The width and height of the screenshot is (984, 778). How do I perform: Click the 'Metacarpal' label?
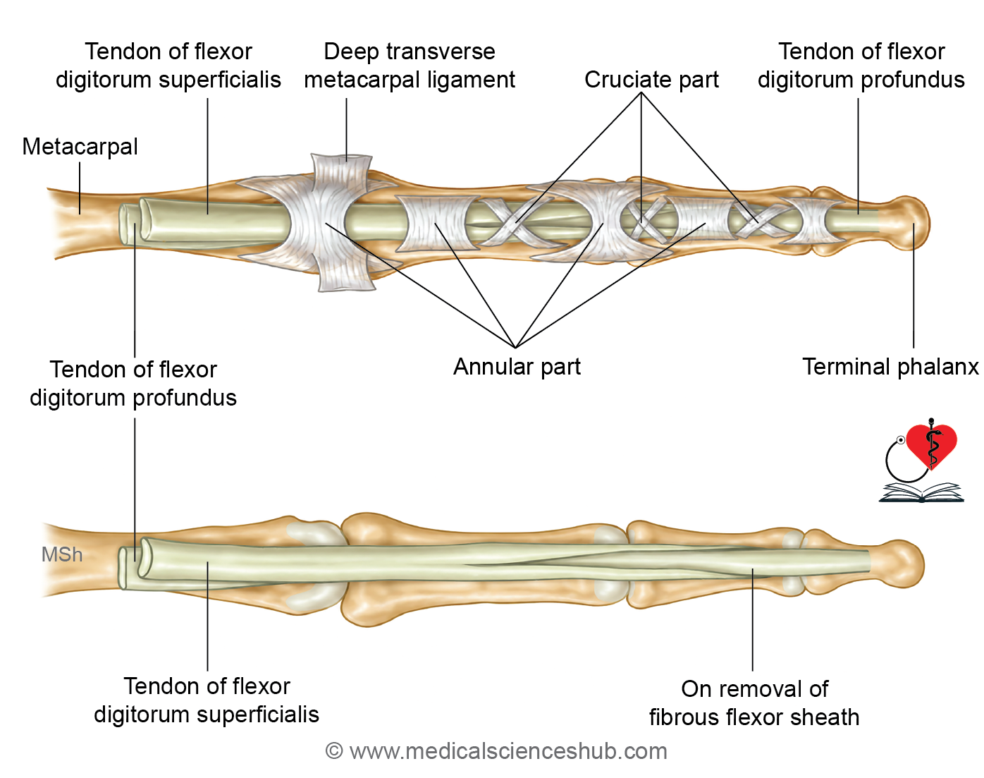[80, 147]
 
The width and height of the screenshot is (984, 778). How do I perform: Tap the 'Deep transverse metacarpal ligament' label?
[410, 66]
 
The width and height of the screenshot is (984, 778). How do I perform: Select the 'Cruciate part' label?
[651, 80]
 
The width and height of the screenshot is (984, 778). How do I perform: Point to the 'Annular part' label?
[517, 367]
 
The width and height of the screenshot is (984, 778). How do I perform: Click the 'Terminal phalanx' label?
[890, 367]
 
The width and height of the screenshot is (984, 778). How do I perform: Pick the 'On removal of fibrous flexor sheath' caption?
[754, 703]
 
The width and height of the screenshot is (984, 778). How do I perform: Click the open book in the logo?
[921, 492]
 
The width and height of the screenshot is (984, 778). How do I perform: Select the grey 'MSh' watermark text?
[62, 554]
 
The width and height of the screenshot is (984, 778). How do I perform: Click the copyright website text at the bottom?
[496, 751]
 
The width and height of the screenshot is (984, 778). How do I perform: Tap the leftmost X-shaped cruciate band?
[517, 222]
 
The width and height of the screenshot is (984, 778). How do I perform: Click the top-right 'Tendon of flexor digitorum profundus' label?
[861, 66]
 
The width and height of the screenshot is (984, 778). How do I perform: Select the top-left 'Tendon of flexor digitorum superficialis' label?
[168, 66]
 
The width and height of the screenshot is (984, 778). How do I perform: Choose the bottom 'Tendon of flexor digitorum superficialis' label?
[207, 700]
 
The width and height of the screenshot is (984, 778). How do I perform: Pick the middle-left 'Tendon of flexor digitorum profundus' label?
[133, 384]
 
